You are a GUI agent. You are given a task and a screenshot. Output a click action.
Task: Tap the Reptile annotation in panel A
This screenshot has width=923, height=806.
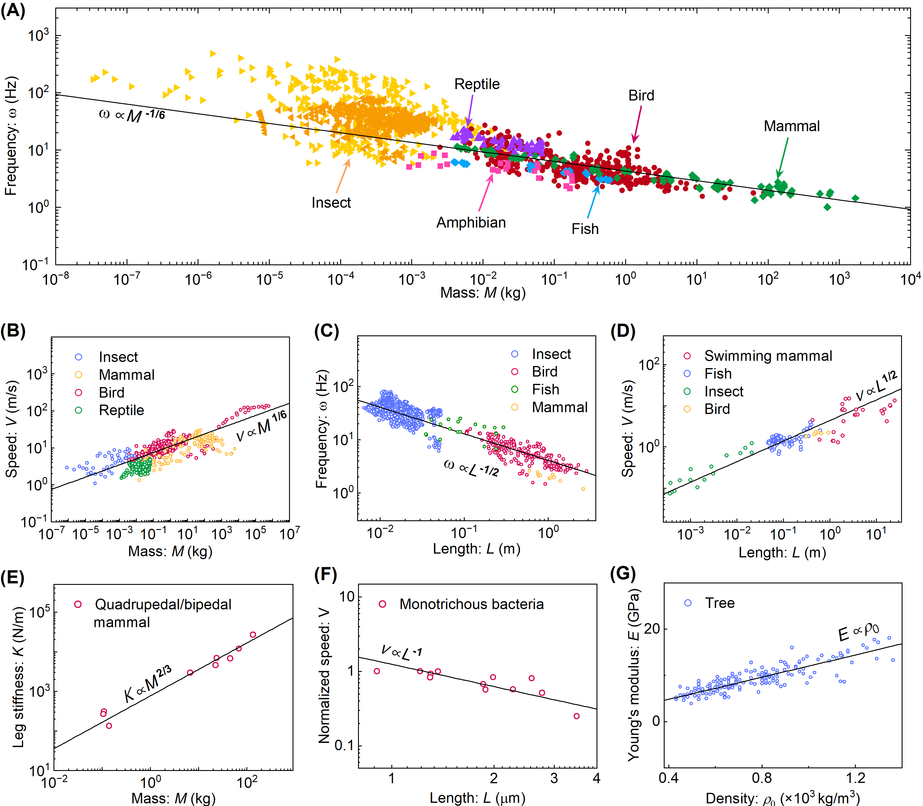tap(477, 84)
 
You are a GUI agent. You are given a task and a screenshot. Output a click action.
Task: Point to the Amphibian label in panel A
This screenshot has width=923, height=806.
tap(471, 223)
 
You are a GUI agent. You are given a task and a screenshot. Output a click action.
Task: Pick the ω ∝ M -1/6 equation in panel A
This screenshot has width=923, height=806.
tap(132, 115)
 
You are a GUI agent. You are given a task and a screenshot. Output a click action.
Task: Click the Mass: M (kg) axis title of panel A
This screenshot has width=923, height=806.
tap(483, 293)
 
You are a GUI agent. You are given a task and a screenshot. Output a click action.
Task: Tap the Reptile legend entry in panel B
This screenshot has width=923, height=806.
tap(121, 410)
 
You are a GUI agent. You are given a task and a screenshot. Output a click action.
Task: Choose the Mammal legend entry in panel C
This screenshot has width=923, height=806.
tap(559, 407)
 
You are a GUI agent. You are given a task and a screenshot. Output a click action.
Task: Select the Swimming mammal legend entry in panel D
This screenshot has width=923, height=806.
tap(768, 356)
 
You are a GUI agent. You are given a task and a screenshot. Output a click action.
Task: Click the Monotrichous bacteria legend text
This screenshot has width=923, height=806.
tap(471, 604)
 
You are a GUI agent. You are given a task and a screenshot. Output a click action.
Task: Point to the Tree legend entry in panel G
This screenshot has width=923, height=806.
tap(720, 603)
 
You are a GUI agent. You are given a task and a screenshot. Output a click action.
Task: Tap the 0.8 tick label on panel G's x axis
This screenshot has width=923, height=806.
tap(762, 778)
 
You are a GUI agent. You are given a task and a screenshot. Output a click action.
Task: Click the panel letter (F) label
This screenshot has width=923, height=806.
tap(325, 575)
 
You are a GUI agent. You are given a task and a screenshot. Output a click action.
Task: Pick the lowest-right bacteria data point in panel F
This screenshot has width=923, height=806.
tap(576, 716)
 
